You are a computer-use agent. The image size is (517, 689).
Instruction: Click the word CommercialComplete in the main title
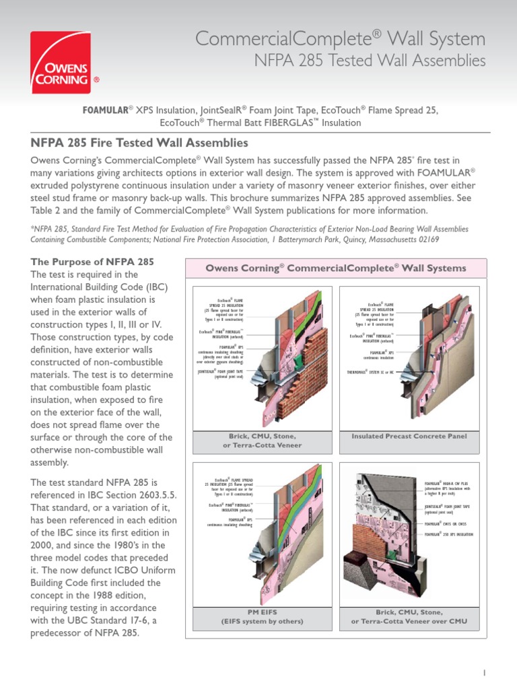pyautogui.click(x=266, y=38)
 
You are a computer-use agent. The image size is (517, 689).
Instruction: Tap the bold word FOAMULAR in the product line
pyautogui.click(x=105, y=110)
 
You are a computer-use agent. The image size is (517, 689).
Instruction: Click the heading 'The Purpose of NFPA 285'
pyautogui.click(x=93, y=262)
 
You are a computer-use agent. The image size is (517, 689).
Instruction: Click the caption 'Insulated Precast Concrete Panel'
pyautogui.click(x=409, y=437)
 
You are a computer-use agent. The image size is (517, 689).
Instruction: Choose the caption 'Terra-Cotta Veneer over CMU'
pyautogui.click(x=409, y=620)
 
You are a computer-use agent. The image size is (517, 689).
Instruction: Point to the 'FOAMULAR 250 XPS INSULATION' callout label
pyautogui.click(x=448, y=534)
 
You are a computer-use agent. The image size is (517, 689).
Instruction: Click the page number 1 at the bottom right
pyautogui.click(x=484, y=672)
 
